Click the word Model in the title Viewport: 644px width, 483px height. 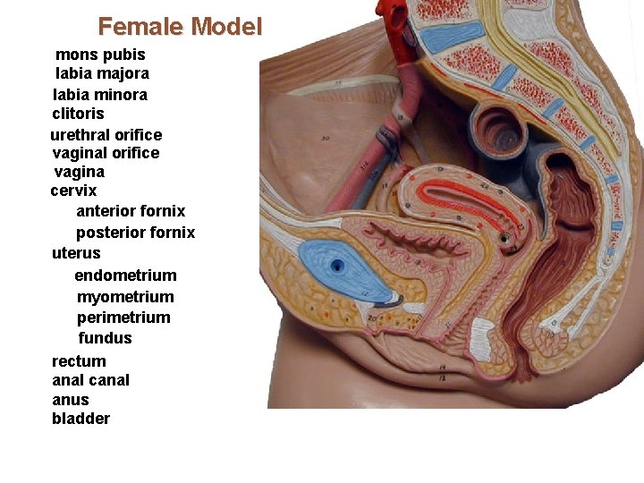pyautogui.click(x=227, y=27)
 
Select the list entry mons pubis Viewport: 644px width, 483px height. pyautogui.click(x=100, y=55)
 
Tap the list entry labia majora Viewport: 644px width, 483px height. pyautogui.click(x=102, y=73)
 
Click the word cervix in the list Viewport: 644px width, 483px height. pyautogui.click(x=73, y=191)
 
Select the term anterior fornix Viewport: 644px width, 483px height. pyautogui.click(x=131, y=211)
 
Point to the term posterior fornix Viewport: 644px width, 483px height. pyautogui.click(x=135, y=233)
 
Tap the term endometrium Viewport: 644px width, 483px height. pyautogui.click(x=125, y=275)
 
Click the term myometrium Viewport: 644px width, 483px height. pyautogui.click(x=125, y=297)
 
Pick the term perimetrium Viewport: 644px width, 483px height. pyautogui.click(x=123, y=318)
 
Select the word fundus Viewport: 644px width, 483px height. pyautogui.click(x=105, y=338)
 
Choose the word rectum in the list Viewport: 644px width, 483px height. pyautogui.click(x=79, y=361)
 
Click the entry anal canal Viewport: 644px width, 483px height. pyautogui.click(x=90, y=380)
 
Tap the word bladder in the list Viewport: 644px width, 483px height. pyautogui.click(x=80, y=419)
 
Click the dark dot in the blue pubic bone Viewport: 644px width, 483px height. pyautogui.click(x=337, y=266)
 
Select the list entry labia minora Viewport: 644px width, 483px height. pyautogui.click(x=100, y=95)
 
